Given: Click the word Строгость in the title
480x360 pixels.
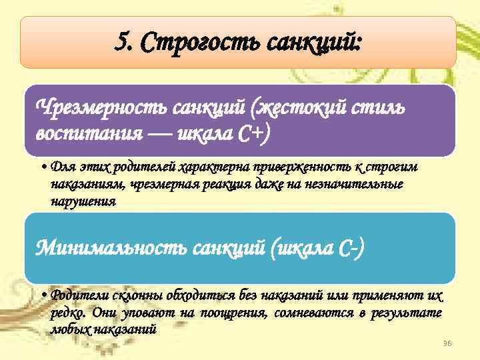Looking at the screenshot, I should pos(195,43).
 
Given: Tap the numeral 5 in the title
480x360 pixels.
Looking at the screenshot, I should pos(121,43).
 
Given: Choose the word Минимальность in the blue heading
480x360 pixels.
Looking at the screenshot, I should pos(109,249).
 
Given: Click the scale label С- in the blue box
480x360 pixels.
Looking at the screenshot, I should pos(349,249).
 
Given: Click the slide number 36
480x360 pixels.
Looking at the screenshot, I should pos(447,343).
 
